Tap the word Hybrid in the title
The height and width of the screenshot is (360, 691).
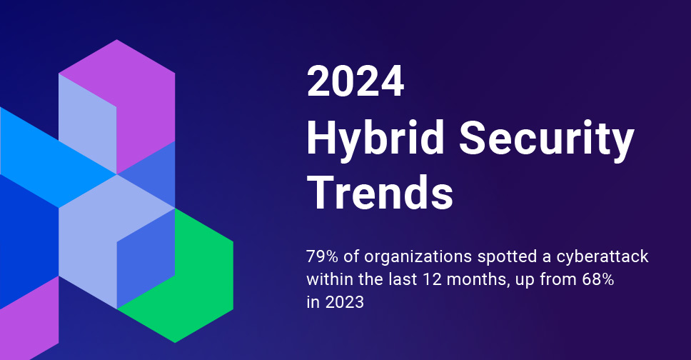tap(378, 139)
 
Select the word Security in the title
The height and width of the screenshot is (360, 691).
tap(547, 139)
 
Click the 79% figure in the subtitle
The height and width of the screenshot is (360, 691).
tap(321, 256)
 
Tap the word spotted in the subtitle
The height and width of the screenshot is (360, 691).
tap(503, 256)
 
